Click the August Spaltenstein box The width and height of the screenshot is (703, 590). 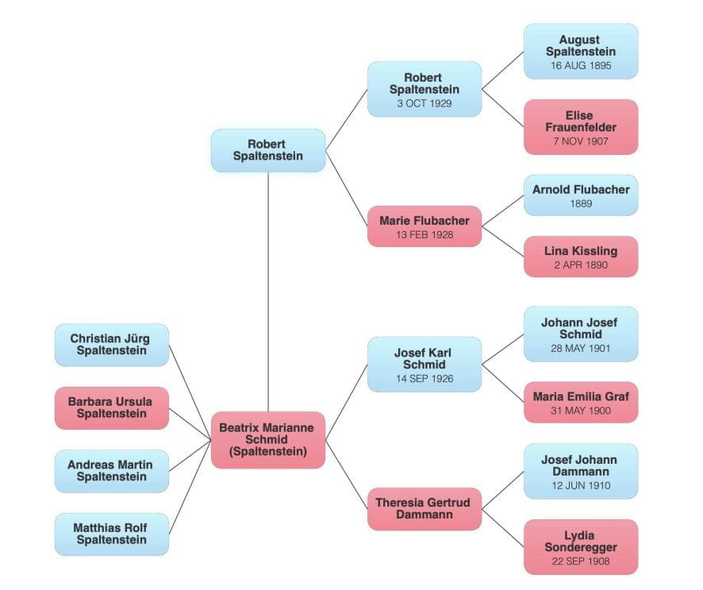pos(580,51)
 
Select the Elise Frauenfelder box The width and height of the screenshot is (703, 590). pos(580,126)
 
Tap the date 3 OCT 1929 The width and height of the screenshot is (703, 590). pos(424,104)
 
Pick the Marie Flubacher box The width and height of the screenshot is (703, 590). pos(424,226)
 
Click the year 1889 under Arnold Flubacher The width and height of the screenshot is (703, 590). pos(580,204)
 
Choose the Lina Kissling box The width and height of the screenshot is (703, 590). pos(580,256)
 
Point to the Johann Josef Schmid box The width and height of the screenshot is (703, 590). pos(580,334)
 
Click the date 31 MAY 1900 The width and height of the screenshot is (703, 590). pos(580,411)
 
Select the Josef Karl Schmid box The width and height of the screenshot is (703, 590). pos(424,364)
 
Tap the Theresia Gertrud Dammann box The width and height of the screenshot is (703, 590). pos(424,508)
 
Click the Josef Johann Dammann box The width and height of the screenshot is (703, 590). pos(580,471)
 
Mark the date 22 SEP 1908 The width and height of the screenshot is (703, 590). pos(580,561)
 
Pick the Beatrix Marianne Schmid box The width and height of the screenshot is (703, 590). pos(267,439)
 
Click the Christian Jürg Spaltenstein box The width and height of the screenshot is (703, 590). pos(112,345)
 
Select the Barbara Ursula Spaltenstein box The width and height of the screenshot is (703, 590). pos(112,407)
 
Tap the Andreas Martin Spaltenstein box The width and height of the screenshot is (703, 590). pos(112,471)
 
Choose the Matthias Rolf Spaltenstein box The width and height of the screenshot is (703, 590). pos(112,534)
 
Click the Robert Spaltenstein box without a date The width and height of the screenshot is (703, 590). pos(267,150)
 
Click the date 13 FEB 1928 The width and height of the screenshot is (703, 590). pos(424,235)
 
